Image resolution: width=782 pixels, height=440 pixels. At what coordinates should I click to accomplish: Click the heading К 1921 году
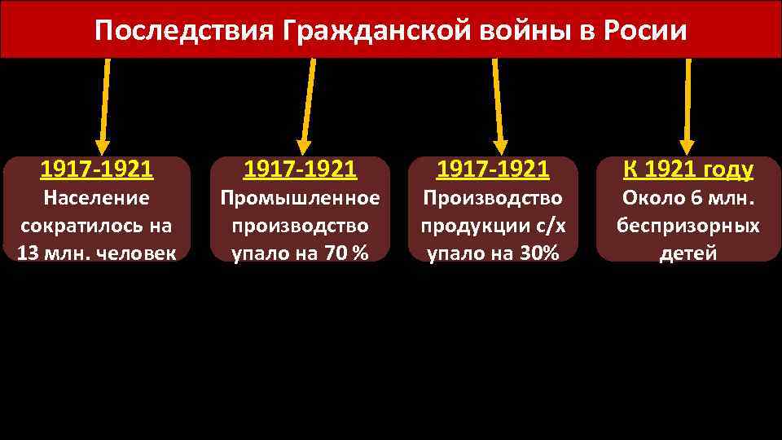tap(688, 169)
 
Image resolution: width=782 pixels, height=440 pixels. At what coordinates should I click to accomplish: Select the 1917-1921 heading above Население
tap(96, 169)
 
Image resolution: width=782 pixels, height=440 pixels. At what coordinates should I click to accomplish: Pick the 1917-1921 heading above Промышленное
tap(301, 169)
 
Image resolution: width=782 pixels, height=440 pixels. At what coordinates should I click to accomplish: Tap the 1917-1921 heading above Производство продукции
tap(494, 169)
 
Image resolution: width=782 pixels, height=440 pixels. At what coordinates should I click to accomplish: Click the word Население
tap(96, 198)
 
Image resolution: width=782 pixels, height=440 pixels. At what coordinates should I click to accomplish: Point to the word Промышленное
tap(301, 198)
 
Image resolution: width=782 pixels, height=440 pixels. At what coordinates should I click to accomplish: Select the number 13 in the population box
tap(28, 253)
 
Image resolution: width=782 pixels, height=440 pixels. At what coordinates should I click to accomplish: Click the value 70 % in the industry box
tap(346, 253)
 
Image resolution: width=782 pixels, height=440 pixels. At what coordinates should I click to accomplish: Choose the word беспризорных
tap(688, 226)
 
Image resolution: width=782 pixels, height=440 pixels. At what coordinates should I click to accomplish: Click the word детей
tap(688, 253)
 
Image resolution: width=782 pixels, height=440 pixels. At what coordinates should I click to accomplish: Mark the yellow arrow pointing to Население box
tap(104, 106)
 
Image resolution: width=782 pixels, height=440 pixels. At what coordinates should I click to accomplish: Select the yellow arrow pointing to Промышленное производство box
tap(308, 106)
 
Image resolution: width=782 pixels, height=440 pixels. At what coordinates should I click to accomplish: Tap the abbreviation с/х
tap(550, 226)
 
